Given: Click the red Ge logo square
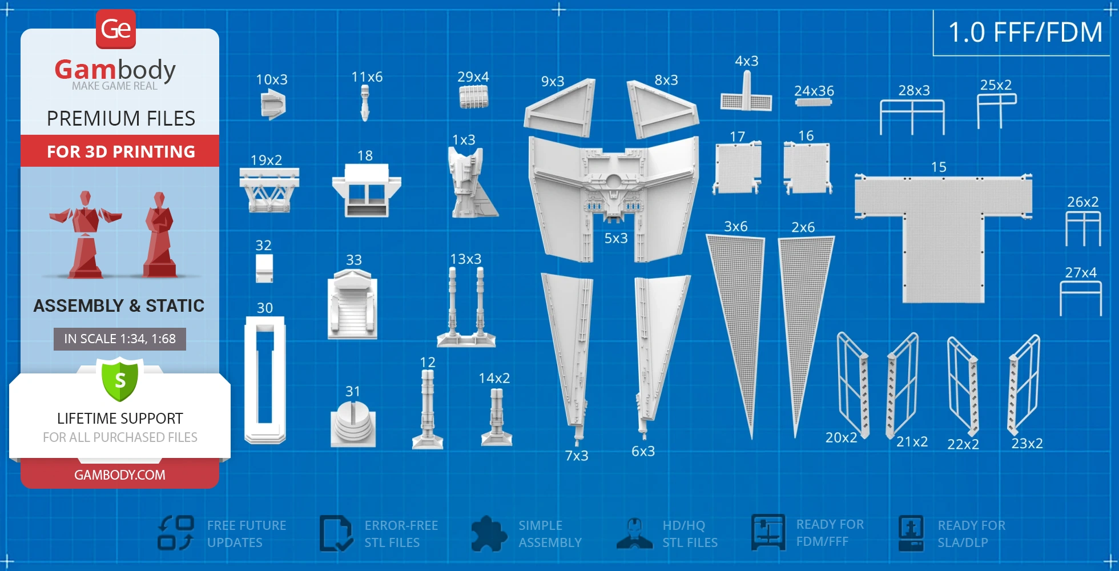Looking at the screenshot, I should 116,29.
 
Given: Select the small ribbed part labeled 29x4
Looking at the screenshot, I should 474,96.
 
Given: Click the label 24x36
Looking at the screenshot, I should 814,91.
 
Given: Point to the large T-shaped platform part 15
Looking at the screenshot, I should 943,228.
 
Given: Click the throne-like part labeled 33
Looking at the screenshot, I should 352,305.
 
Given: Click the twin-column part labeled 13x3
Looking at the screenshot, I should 466,308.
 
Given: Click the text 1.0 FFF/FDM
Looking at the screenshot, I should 1025,33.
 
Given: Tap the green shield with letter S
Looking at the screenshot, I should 120,380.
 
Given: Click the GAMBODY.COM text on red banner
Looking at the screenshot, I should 120,475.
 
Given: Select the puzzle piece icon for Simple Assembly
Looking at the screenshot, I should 489,533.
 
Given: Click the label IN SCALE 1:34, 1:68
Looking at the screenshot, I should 120,339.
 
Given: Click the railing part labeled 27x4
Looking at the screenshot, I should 1081,297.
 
